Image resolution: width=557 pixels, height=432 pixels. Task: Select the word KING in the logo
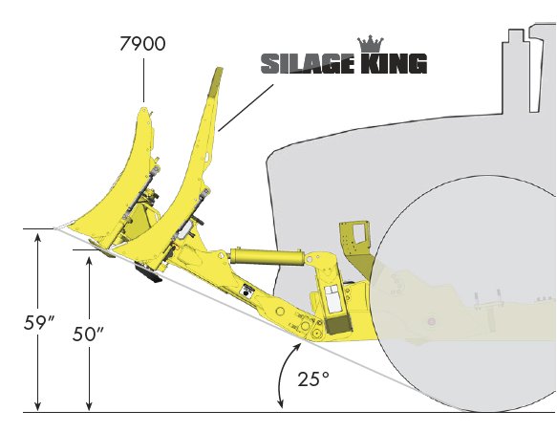coord(393,65)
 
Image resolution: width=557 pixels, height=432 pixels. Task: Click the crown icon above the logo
coord(368,43)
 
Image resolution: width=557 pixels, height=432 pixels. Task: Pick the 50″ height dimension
coord(88,334)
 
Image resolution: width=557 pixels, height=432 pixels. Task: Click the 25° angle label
coord(312,378)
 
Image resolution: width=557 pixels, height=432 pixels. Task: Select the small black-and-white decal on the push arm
coord(250,292)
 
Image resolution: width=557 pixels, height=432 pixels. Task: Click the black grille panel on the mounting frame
coord(337,326)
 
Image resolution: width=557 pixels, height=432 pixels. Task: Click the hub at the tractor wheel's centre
coord(432,318)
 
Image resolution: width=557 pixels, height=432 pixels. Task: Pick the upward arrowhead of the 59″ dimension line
coord(37,235)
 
